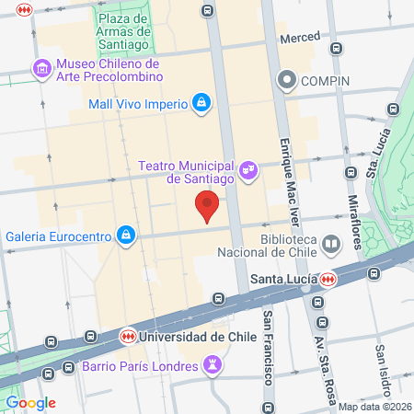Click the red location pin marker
click(x=208, y=207)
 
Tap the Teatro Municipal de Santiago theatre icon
click(x=247, y=170)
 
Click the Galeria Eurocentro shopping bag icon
click(x=125, y=236)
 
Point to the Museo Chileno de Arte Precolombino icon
click(x=40, y=68)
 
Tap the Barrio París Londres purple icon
click(x=213, y=365)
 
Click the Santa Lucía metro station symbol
click(x=328, y=279)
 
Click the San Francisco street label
click(x=268, y=351)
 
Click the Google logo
click(x=30, y=402)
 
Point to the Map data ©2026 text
click(x=374, y=407)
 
